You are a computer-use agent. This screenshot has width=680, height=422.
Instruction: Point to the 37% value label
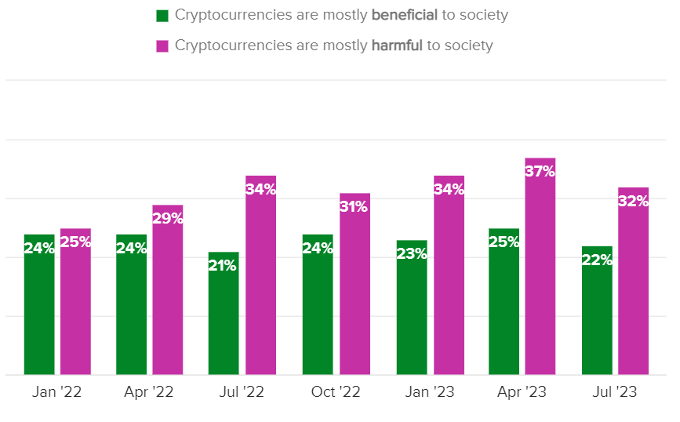tap(540, 171)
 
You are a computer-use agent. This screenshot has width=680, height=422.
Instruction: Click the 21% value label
tap(224, 265)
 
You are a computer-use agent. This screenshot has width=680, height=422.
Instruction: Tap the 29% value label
tap(167, 218)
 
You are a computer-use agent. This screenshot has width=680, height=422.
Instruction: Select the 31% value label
tap(355, 206)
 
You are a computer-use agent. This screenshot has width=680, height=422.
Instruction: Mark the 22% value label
tap(597, 260)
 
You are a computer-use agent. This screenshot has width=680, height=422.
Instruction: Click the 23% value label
tap(412, 253)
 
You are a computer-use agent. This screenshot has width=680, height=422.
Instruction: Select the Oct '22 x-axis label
tap(336, 392)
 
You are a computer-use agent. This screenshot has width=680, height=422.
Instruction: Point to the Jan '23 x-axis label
tap(430, 392)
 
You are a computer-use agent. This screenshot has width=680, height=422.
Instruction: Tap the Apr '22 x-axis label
tap(148, 392)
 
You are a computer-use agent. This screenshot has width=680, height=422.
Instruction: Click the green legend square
tap(163, 16)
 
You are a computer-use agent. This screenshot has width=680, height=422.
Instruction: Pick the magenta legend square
tap(163, 45)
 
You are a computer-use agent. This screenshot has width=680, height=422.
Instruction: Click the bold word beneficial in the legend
tap(404, 16)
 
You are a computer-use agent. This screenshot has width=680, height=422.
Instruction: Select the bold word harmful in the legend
tap(396, 45)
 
